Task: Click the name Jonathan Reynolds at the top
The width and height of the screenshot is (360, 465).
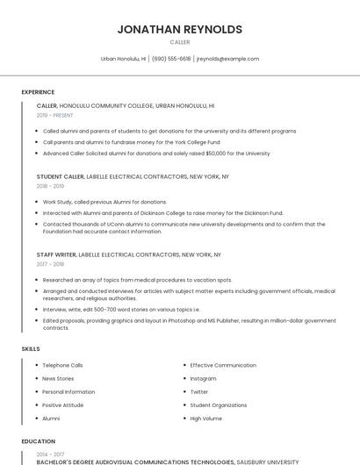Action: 180,29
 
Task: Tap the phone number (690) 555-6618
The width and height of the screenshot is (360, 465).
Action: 171,59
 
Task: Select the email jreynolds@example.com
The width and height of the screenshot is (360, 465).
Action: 227,59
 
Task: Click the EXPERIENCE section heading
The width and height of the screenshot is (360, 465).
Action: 38,92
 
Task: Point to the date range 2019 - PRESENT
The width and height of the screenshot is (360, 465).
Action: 55,115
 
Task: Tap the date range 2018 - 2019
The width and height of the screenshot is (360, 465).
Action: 50,186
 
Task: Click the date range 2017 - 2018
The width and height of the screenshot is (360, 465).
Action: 50,264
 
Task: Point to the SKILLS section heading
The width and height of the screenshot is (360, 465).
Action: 31,349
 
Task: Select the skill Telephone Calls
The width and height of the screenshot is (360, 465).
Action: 62,365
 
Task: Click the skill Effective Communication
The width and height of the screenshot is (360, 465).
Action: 223,365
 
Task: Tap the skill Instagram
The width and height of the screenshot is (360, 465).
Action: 203,378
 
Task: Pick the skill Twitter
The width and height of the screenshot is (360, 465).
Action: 199,392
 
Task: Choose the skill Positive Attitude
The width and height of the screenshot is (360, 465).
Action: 63,405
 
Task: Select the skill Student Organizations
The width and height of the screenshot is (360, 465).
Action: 219,405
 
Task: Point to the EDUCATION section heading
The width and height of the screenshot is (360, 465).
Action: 39,441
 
